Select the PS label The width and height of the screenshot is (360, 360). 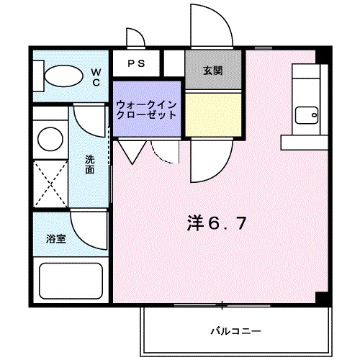[x=136, y=63]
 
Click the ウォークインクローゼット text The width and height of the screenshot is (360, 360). [x=146, y=109]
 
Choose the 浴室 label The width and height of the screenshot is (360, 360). [x=57, y=238]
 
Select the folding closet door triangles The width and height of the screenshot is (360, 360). [x=130, y=150]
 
